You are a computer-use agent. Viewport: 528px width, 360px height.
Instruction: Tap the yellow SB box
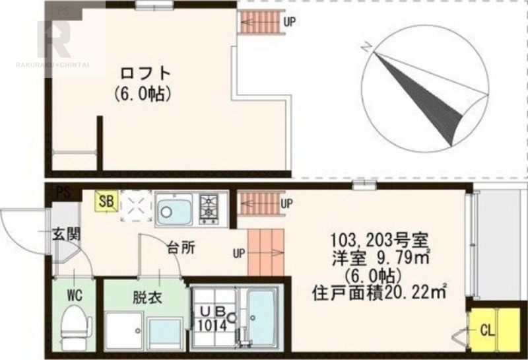[105, 199]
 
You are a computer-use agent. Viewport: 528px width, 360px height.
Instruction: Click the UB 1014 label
[211, 317]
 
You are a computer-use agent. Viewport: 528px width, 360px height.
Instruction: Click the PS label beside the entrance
[63, 192]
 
